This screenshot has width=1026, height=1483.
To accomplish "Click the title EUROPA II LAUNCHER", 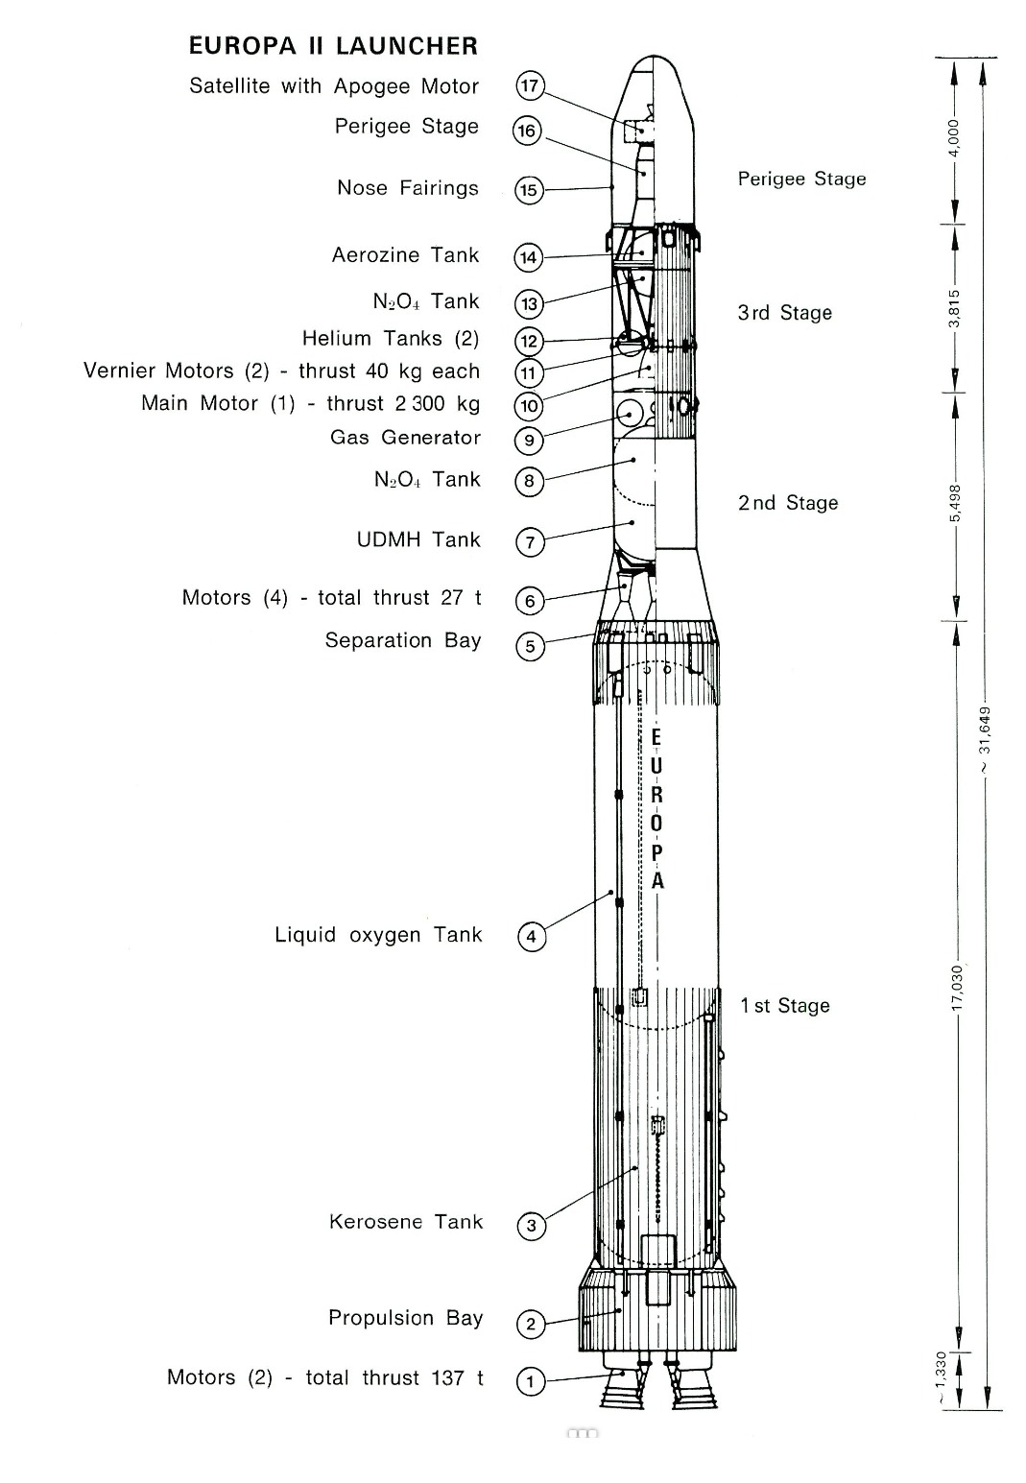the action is [x=333, y=46].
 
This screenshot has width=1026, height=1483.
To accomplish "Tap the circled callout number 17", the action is [x=530, y=86].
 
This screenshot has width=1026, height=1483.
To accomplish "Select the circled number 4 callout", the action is [x=531, y=937].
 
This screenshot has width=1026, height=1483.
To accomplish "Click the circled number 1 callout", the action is [x=530, y=1381].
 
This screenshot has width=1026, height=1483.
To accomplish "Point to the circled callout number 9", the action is [x=529, y=441].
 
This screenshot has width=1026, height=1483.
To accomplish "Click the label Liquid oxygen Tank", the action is [x=378, y=935].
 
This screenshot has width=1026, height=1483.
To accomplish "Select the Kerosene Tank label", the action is [x=406, y=1222].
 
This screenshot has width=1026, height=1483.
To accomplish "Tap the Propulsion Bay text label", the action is [x=405, y=1318].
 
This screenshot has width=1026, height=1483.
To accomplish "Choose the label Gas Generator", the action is [x=405, y=437].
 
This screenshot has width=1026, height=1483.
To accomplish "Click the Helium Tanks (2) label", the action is [x=391, y=338].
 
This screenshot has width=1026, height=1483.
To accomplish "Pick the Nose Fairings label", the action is [x=408, y=188].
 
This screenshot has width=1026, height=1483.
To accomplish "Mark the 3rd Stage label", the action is [x=784, y=313].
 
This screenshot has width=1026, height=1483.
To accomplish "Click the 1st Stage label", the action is [x=785, y=1006].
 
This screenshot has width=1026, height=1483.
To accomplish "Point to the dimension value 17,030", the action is [x=956, y=988].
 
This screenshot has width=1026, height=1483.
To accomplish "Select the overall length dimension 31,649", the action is [x=986, y=738].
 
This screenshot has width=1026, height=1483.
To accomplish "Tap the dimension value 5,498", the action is [x=954, y=503].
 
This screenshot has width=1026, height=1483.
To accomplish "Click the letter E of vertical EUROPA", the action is [x=656, y=737].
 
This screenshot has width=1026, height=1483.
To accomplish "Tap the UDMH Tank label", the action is [x=418, y=539].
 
